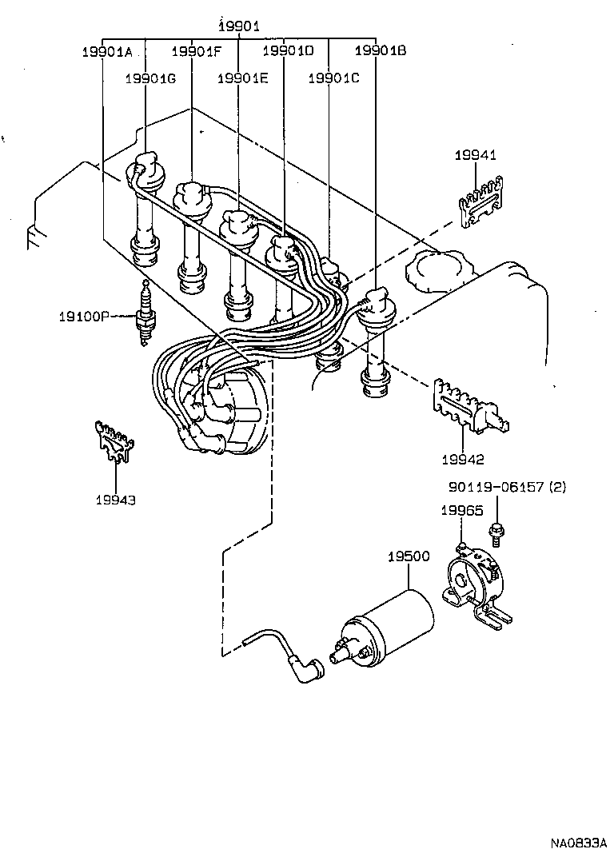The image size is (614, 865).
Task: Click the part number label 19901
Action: [x=239, y=27]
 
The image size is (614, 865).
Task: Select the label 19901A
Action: [x=107, y=52]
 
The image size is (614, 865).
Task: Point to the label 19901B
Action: [x=381, y=52]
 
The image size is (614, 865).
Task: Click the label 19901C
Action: [x=334, y=78]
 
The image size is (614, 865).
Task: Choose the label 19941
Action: [x=476, y=156]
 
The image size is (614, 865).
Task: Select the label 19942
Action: [x=462, y=460]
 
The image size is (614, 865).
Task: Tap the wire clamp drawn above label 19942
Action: [x=468, y=407]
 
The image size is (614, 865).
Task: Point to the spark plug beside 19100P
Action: [x=145, y=315]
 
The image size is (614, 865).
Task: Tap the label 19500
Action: [x=409, y=557]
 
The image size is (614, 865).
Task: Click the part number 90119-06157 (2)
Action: [x=506, y=487]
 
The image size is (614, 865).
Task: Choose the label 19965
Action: [x=462, y=510]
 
